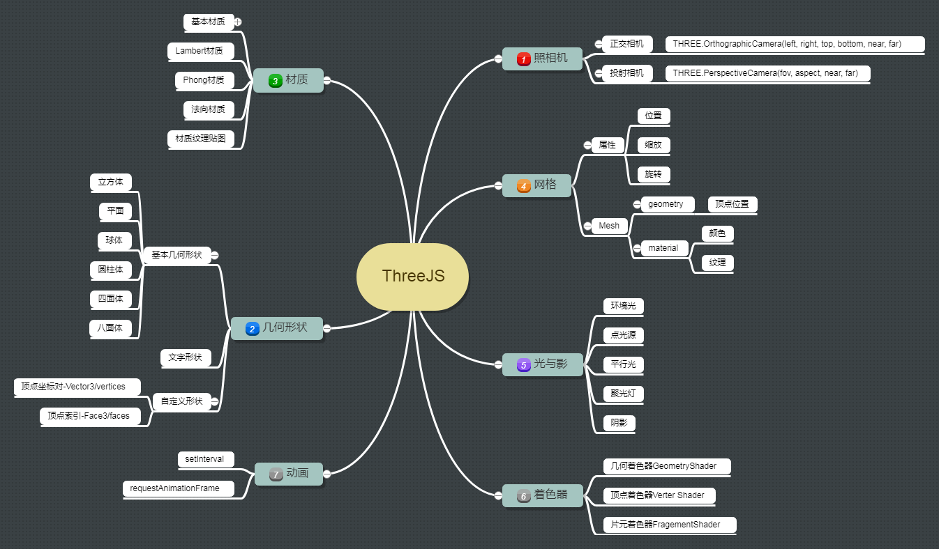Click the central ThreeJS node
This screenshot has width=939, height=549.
(x=413, y=276)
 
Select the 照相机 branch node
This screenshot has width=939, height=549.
(x=542, y=59)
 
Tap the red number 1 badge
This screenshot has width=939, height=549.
(x=523, y=60)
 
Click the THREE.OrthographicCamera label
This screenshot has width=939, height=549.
(x=786, y=44)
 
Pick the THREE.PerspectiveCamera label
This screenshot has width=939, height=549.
(x=765, y=73)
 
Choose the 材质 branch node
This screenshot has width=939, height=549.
(x=288, y=80)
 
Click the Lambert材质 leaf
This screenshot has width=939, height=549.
(x=200, y=51)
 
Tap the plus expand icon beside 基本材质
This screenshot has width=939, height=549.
(x=238, y=22)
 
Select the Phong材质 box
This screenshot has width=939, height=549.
(x=204, y=80)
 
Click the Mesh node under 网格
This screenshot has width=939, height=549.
(x=608, y=225)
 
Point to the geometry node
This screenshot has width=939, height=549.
(x=666, y=204)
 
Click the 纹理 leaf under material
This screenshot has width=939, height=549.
(x=717, y=263)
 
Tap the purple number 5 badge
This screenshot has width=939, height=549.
(x=523, y=364)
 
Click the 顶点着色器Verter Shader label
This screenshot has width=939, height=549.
(x=657, y=495)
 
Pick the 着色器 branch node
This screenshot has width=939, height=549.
(x=542, y=495)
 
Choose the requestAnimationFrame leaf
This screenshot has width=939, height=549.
(x=175, y=488)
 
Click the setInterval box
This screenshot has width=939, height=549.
(x=204, y=459)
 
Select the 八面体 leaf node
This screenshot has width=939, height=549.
(x=110, y=327)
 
